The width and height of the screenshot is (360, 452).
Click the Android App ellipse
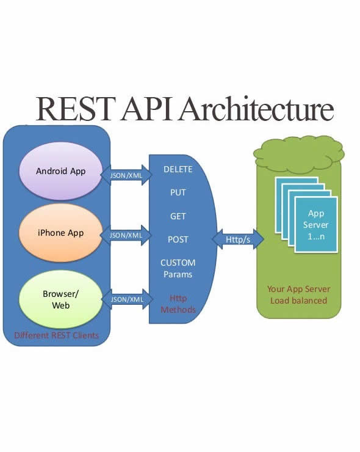pyautogui.click(x=60, y=171)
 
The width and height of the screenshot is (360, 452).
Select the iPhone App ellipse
pyautogui.click(x=60, y=233)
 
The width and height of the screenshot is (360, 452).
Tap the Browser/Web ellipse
pyautogui.click(x=60, y=299)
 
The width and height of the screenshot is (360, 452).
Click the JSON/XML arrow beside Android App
pyautogui.click(x=126, y=175)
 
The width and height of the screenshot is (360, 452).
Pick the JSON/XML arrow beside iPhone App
pyautogui.click(x=126, y=235)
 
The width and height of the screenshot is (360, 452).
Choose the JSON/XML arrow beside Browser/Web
pyautogui.click(x=127, y=299)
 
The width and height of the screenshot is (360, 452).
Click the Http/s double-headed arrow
pyautogui.click(x=238, y=239)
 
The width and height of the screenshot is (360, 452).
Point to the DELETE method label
pyautogui.click(x=178, y=169)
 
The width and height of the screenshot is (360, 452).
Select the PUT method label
pyautogui.click(x=178, y=192)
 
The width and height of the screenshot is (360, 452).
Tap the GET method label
pyautogui.click(x=178, y=216)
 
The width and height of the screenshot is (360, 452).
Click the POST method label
pyautogui.click(x=178, y=239)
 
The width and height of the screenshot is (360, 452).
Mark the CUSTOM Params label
pyautogui.click(x=178, y=268)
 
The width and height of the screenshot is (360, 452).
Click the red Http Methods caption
pyautogui.click(x=178, y=304)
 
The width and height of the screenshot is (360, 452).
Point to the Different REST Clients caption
pyautogui.click(x=57, y=335)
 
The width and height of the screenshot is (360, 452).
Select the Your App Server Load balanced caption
pyautogui.click(x=298, y=294)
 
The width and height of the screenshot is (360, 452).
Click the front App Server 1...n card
pyautogui.click(x=316, y=225)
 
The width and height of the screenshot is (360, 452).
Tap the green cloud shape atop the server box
pyautogui.click(x=298, y=154)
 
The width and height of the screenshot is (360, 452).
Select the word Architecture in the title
pyautogui.click(x=256, y=108)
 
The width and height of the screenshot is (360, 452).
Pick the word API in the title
pyautogui.click(x=147, y=109)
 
